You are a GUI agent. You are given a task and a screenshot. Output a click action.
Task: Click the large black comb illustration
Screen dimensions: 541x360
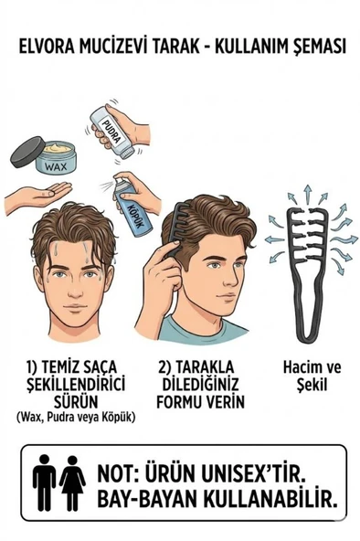307,260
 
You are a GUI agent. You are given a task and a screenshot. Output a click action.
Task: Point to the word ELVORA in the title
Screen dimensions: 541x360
46,47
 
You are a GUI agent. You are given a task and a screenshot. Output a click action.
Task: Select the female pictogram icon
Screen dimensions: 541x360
72,483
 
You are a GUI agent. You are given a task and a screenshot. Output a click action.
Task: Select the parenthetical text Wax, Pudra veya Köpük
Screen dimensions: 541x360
75,418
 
